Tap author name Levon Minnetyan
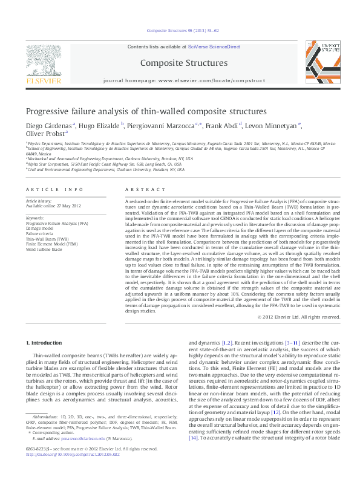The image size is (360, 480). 272,126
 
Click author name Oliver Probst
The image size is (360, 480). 44,134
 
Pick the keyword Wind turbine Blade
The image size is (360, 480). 44,249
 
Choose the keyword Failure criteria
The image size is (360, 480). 40,233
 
